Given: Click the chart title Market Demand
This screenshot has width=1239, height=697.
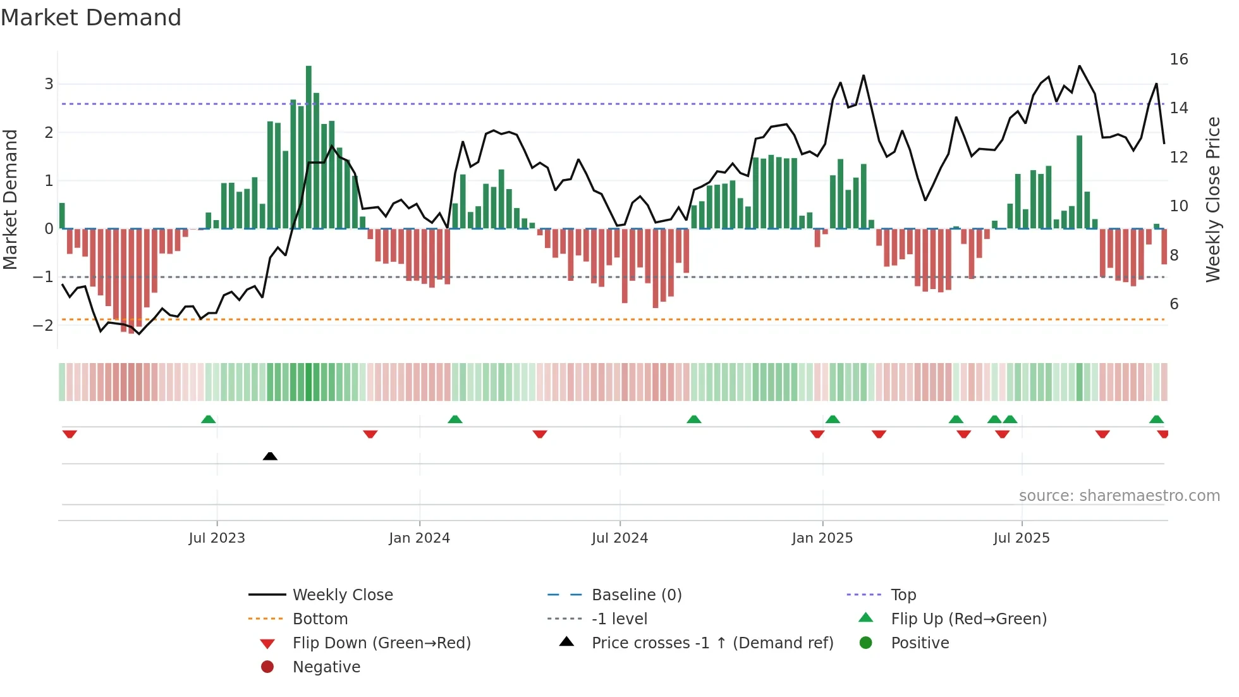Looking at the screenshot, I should [91, 18].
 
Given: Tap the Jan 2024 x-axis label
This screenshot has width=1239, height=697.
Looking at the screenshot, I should [419, 538].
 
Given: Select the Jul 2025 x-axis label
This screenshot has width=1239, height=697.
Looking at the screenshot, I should [1021, 538].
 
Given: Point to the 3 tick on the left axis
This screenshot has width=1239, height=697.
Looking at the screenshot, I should [49, 84].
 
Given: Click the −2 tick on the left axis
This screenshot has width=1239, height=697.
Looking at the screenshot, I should [44, 325].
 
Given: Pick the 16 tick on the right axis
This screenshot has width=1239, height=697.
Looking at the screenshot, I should [1178, 59].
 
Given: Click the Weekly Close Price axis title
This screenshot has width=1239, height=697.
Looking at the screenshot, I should [1212, 199].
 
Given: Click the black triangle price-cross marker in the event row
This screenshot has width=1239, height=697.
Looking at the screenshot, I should [270, 456].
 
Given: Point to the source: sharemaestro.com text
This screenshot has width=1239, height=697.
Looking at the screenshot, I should [1119, 495].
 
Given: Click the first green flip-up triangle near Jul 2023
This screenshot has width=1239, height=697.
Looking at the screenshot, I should [208, 419].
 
